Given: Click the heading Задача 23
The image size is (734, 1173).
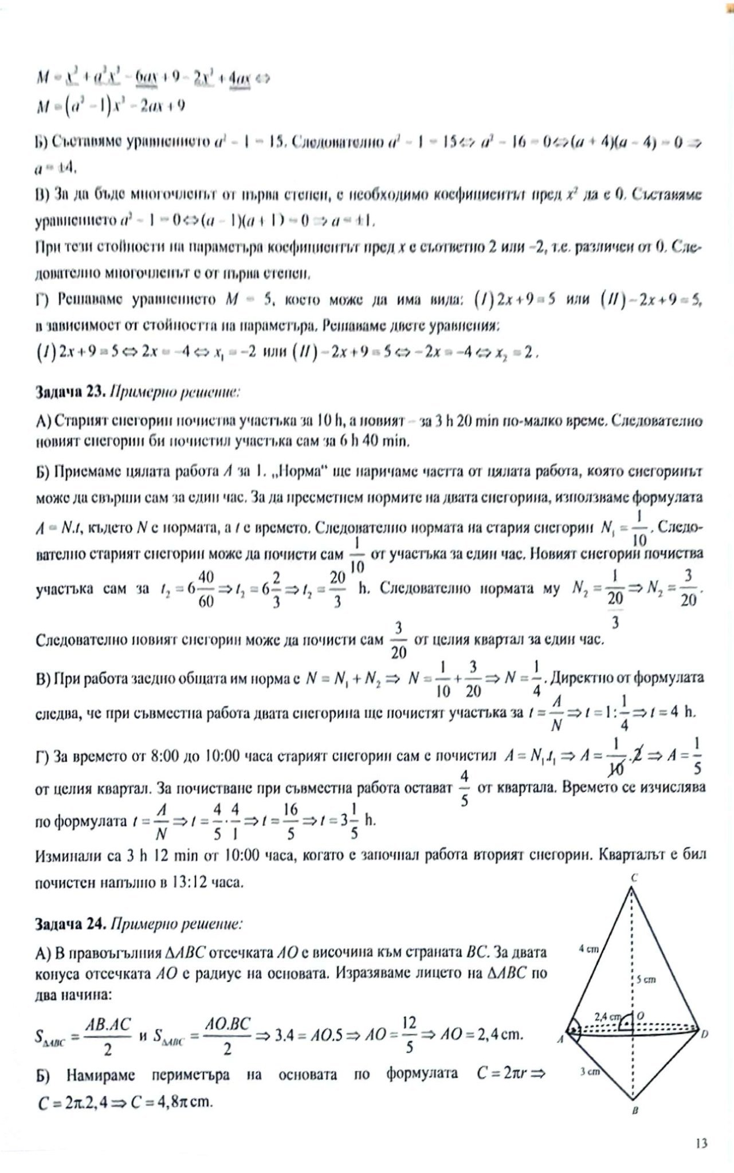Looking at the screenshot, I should tap(68, 393).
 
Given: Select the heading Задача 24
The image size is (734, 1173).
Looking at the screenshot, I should tap(69, 924).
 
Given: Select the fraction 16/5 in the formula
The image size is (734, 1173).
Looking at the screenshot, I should tap(291, 820).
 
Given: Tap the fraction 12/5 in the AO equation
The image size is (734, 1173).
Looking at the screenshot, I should tap(409, 1034).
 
